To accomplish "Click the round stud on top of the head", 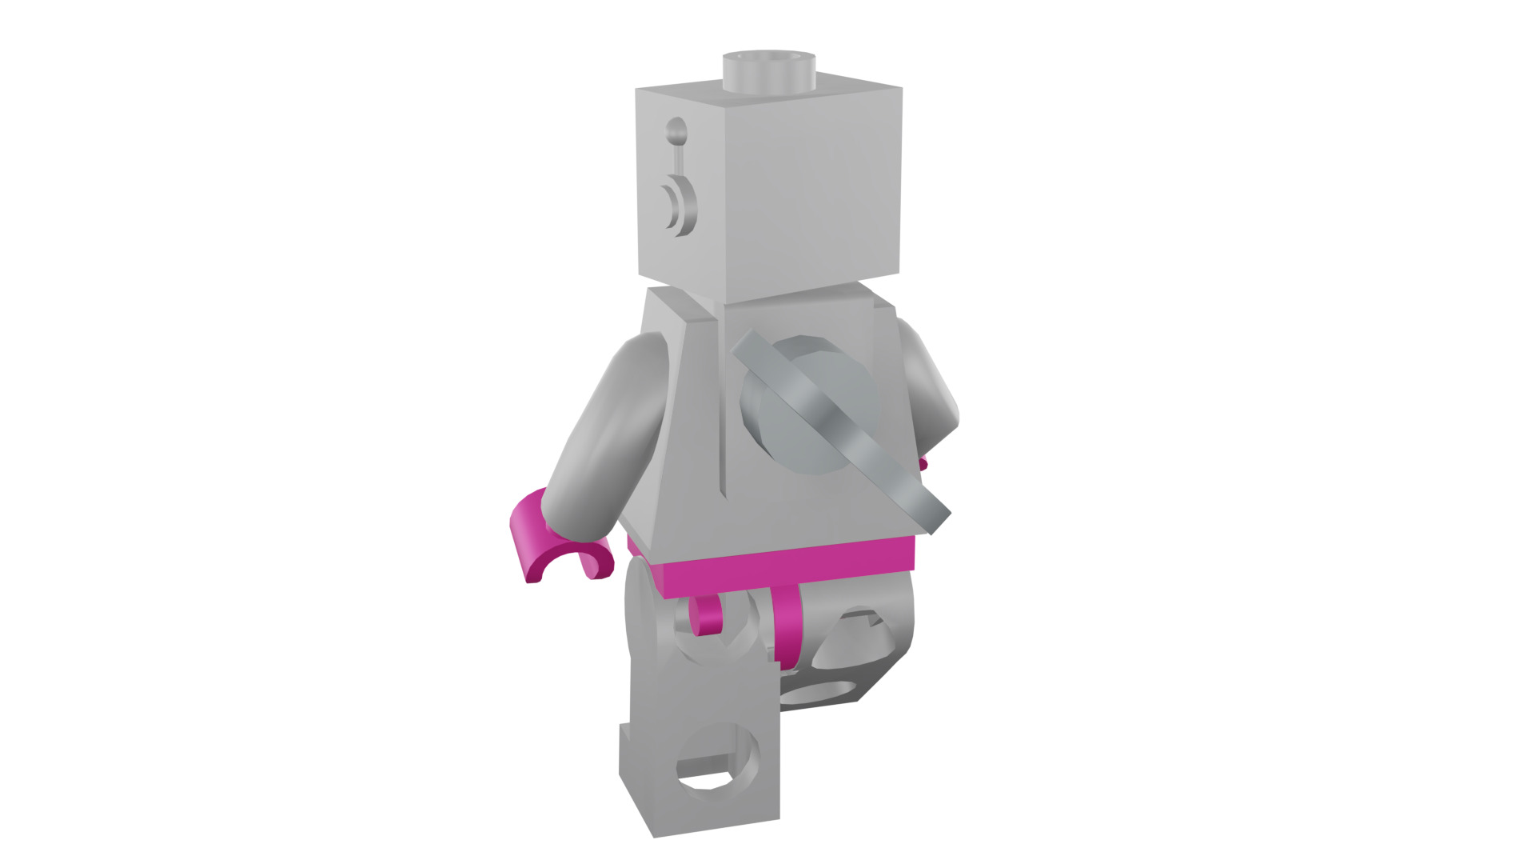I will pos(768,70).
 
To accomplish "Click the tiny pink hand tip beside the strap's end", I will pos(924,464).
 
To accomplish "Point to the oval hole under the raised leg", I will pos(819,690).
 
